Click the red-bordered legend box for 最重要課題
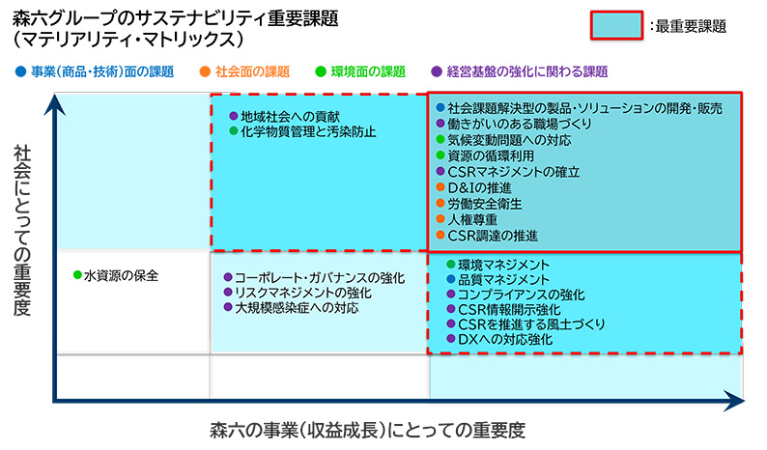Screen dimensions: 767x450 click(616, 25)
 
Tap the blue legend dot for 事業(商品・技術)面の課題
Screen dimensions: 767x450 click(20, 71)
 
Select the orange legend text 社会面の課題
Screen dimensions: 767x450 click(252, 71)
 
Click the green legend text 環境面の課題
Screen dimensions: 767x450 click(368, 71)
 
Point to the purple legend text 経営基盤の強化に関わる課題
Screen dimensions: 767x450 click(527, 71)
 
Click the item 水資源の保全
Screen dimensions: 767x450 click(122, 276)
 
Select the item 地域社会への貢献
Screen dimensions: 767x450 click(290, 117)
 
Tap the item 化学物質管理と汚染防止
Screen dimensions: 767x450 click(308, 131)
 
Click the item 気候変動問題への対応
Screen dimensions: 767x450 click(509, 140)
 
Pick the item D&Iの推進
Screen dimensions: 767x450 click(479, 188)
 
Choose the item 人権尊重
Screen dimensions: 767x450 click(472, 219)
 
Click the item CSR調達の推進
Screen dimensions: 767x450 click(493, 236)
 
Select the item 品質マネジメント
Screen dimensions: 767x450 click(504, 280)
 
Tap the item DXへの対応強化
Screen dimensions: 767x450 click(505, 339)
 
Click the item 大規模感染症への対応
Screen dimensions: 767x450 click(297, 308)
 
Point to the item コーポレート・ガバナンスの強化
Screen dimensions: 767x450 click(320, 278)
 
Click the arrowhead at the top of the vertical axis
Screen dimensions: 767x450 click(55, 103)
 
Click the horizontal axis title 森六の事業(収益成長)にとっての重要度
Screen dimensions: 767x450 click(368, 431)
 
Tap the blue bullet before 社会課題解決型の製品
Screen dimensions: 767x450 click(440, 107)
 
